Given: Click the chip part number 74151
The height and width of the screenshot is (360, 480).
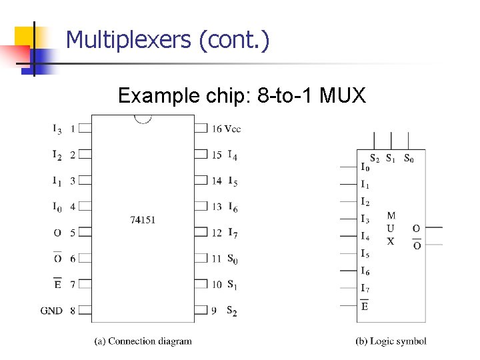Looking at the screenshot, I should click(x=143, y=219).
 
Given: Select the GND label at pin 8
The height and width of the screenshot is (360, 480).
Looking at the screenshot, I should click(x=51, y=311).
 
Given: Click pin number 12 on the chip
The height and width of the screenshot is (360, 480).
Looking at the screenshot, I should click(x=217, y=233).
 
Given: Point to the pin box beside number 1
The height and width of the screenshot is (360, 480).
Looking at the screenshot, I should click(x=85, y=127).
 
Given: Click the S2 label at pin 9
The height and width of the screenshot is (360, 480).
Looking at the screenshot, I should click(x=232, y=311).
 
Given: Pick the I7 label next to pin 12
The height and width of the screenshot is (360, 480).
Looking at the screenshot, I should click(x=233, y=233).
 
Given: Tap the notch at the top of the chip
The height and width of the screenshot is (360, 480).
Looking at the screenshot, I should click(x=143, y=119).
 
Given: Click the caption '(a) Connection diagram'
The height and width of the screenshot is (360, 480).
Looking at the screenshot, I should click(x=143, y=341).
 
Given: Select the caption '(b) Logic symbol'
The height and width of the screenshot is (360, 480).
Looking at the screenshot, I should click(x=391, y=341).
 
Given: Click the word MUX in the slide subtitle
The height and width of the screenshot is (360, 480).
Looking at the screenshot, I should click(x=343, y=96).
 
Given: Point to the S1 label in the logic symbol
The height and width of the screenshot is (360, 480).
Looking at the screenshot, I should click(x=391, y=159).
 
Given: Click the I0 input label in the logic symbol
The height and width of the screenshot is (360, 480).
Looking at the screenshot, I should click(x=365, y=167).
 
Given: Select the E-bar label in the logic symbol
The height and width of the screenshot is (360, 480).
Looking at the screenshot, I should click(x=365, y=306).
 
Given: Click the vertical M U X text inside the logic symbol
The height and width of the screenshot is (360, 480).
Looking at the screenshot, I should click(x=391, y=228).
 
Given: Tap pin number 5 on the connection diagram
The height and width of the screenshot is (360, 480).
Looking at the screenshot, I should click(x=72, y=233).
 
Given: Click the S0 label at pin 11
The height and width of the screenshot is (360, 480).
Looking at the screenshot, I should click(x=232, y=258).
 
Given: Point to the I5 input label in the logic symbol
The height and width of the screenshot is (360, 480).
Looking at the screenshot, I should click(x=365, y=254).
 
